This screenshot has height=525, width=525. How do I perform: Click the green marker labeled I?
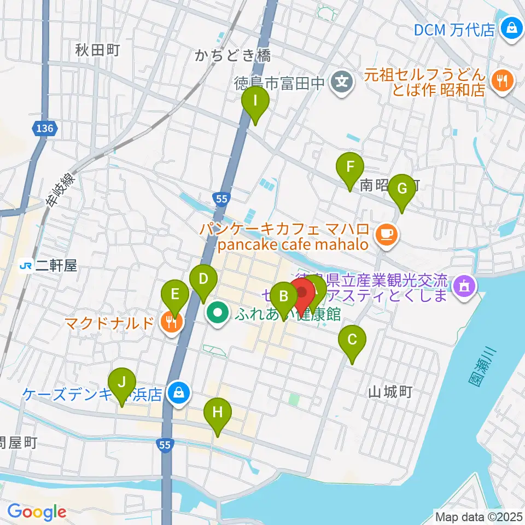pos(255,102)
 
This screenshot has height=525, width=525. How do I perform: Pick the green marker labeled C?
pos(352,341)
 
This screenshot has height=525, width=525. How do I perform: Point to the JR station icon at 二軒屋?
pos(25,266)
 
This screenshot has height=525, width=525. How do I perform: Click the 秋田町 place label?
pos(98,51)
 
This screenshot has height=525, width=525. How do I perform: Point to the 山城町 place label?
pos(389,392)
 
